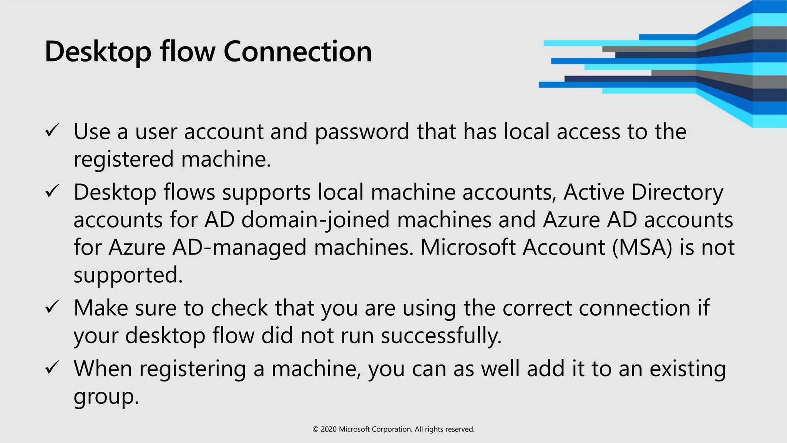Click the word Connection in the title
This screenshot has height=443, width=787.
pos(297,52)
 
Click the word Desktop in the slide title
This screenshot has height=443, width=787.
pos(98,52)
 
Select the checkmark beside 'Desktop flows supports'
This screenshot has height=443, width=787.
pos(52,191)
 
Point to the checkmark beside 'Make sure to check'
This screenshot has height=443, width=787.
pos(52,307)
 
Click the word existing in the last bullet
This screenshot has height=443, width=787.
pos(687,369)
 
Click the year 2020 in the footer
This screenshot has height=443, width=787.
pos(329,429)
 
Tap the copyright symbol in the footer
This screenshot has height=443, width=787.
pos(315,430)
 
